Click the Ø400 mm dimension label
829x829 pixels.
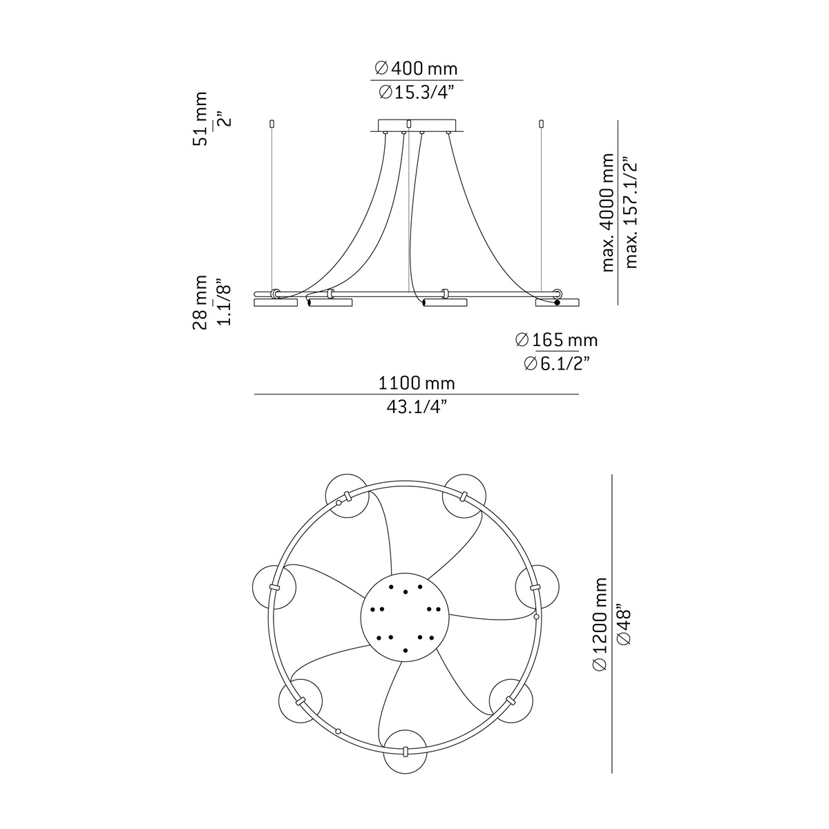pyautogui.click(x=416, y=68)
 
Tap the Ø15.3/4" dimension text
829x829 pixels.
pyautogui.click(x=416, y=91)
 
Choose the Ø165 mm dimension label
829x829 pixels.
pyautogui.click(x=556, y=340)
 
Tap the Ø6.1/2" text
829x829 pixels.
pyautogui.click(x=556, y=363)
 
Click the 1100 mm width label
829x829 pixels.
pyautogui.click(x=417, y=383)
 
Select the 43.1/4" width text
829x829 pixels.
pyautogui.click(x=417, y=407)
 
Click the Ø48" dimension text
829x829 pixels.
pyautogui.click(x=623, y=625)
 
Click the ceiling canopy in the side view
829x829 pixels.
pyautogui.click(x=417, y=125)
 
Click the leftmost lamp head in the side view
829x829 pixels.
pyautogui.click(x=276, y=303)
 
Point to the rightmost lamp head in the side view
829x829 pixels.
pyautogui.click(x=558, y=303)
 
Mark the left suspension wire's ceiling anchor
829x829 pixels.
pyautogui.click(x=271, y=124)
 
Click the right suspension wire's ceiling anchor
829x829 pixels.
pyautogui.click(x=540, y=124)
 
